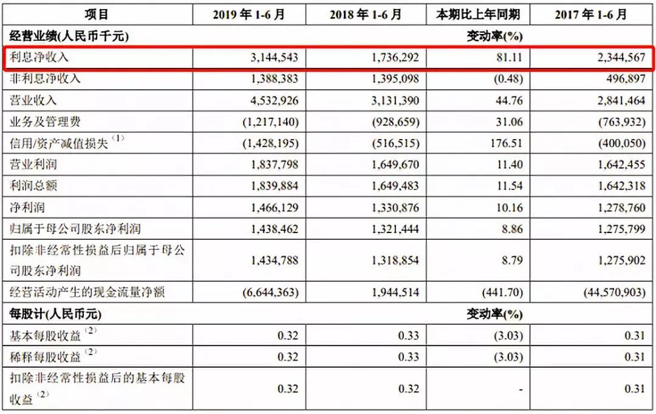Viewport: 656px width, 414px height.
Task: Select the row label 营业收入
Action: [x=34, y=100]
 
